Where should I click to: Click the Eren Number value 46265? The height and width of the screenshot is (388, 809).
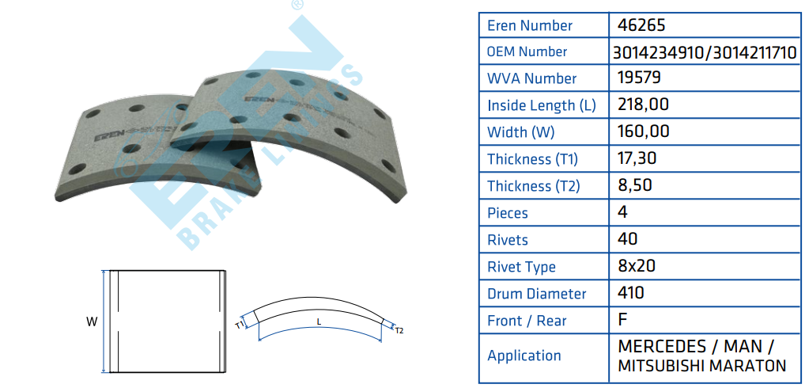coord(639,25)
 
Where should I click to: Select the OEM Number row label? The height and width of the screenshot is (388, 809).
coord(527,51)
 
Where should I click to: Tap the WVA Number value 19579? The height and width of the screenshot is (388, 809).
coord(639,78)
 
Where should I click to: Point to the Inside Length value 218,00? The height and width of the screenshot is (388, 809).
coord(643,105)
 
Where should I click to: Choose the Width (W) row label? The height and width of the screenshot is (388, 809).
coord(520,132)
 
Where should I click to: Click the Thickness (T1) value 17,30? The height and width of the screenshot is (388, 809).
coord(637,158)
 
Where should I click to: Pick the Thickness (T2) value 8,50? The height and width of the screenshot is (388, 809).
coord(634,185)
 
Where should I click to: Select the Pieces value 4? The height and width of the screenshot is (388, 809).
coord(622,212)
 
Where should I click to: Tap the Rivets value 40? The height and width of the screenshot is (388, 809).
coord(627,239)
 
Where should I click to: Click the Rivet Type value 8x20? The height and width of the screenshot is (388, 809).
coord(636,266)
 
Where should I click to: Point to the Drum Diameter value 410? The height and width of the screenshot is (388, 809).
coord(630,293)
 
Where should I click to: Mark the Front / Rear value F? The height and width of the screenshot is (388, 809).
coord(622,320)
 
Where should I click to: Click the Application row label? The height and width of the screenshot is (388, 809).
coord(524,356)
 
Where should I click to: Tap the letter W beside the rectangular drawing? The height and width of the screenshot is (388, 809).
coord(92,321)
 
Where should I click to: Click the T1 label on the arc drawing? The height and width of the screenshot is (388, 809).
coord(239,325)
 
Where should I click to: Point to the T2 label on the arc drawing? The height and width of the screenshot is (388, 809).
coord(399,331)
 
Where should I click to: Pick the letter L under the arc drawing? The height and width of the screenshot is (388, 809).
coord(319,321)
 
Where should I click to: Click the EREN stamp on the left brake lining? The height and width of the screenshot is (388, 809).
coord(109,137)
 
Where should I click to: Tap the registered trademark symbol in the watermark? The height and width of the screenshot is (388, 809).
coord(297,6)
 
